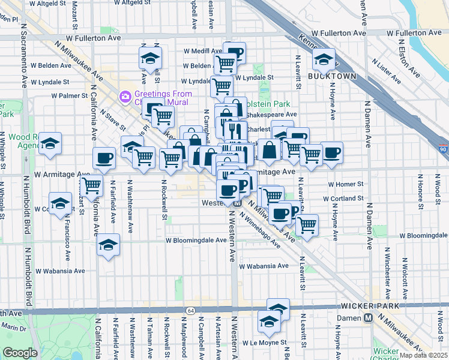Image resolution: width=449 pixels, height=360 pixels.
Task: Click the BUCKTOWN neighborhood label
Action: [x=332, y=76]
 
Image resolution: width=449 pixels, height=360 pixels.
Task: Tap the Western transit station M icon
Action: [x=237, y=203]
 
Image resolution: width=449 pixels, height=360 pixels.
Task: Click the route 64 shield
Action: [x=190, y=310]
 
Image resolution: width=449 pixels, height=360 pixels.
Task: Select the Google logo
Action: [x=20, y=353]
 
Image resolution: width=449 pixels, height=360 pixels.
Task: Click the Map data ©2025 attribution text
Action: [x=423, y=355]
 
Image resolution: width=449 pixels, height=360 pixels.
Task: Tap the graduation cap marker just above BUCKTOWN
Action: [x=323, y=59]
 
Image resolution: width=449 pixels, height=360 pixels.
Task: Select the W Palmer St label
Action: [x=70, y=95]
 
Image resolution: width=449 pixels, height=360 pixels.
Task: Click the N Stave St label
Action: [x=113, y=119]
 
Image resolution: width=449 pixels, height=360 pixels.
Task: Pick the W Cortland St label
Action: [x=343, y=198]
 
